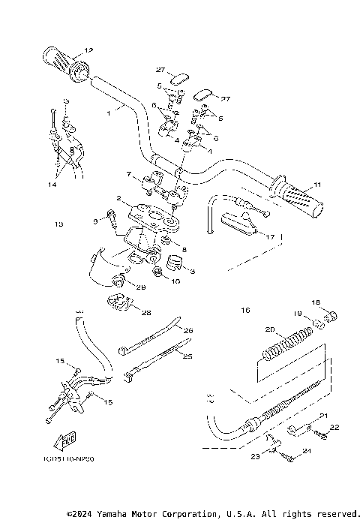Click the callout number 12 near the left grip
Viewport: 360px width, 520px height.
[88, 50]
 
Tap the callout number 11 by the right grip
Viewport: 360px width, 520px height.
[317, 185]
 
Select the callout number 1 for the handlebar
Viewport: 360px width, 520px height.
[108, 113]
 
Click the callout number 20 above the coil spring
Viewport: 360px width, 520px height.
[269, 329]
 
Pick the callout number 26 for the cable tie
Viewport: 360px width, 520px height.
[188, 330]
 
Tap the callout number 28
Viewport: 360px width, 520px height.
[146, 313]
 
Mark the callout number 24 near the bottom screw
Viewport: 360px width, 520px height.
[307, 452]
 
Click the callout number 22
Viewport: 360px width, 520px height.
[334, 427]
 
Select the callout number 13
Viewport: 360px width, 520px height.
[59, 224]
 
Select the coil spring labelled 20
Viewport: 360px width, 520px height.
[285, 345]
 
